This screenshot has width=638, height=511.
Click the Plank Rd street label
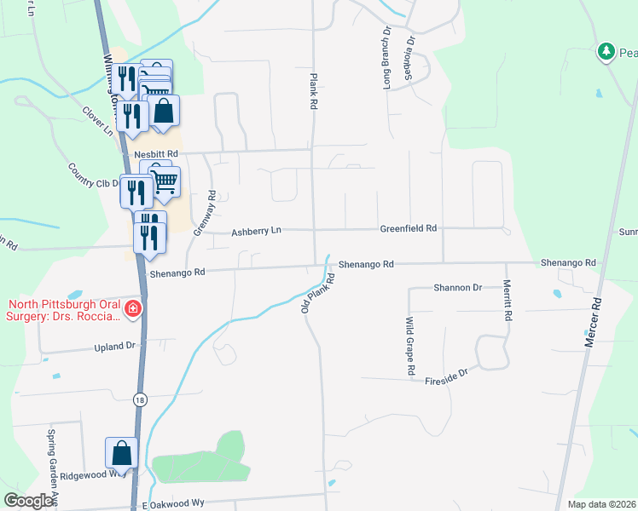[x=314, y=90]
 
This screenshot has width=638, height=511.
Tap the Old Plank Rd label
[x=316, y=292]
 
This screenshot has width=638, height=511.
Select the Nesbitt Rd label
[x=157, y=154]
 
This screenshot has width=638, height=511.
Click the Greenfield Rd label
[x=408, y=229]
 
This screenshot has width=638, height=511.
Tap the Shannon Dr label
[x=457, y=288]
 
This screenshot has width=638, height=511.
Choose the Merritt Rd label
[x=507, y=300]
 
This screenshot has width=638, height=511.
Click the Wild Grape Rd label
[x=410, y=347]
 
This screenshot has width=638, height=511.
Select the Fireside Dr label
[x=447, y=375]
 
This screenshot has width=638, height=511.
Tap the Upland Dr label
[x=115, y=347]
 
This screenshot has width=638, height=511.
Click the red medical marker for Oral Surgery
[x=132, y=307]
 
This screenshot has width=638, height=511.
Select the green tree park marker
[x=606, y=52]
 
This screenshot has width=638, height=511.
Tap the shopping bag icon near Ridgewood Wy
[x=121, y=451]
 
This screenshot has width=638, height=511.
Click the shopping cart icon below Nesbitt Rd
[x=164, y=180]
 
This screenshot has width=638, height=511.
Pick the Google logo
[x=29, y=501]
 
